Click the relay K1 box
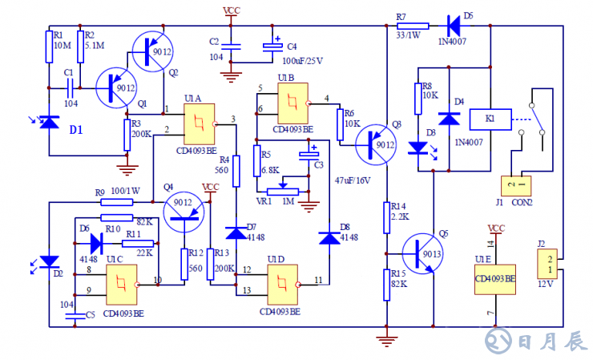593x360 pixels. tap(490, 119)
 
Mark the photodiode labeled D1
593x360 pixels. tap(50, 121)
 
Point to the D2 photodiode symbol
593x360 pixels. tap(50, 261)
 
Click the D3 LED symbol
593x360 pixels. tap(418, 148)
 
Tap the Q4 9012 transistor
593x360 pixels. tap(185, 209)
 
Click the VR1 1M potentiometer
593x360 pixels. tap(282, 191)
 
